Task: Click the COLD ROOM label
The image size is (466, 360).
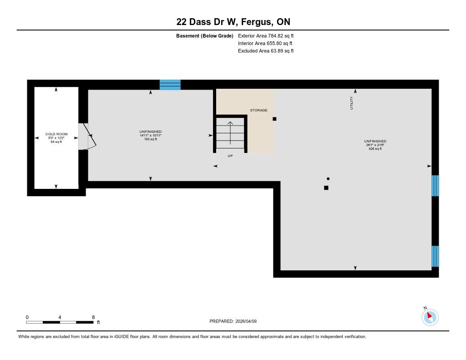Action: [56, 134]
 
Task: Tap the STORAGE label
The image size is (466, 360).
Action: [258, 110]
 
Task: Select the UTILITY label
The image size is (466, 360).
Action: [352, 103]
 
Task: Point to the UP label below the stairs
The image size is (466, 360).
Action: [230, 156]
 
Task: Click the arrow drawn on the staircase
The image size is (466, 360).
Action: [230, 133]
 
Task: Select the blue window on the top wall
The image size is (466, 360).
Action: [170, 85]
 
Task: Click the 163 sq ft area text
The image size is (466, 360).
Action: [150, 139]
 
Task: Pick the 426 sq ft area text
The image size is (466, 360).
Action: [375, 149]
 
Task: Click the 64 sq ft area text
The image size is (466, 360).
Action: [56, 142]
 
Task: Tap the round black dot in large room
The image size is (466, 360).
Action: [328, 179]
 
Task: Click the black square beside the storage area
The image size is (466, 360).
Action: [274, 119]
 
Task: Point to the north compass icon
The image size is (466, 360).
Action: [430, 317]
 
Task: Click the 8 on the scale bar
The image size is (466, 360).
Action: [93, 317]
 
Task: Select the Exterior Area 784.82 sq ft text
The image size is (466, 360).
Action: [266, 35]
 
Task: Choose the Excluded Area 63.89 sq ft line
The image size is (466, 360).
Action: [266, 51]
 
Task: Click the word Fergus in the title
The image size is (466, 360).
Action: [257, 22]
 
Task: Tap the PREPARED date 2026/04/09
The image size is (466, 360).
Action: [246, 321]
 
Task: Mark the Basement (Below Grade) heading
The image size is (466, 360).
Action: [205, 36]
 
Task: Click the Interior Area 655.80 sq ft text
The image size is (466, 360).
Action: [265, 43]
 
